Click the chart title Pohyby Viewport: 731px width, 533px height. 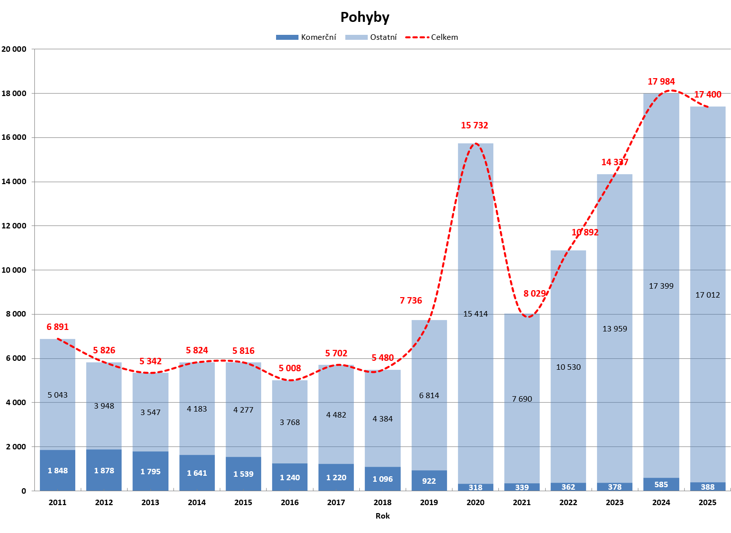pos(365,17)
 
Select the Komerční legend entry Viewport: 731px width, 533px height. pos(306,37)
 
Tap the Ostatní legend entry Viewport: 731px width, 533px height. pos(371,37)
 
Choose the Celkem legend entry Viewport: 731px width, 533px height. pos(432,37)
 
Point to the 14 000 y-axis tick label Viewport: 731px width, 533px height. pos(14,182)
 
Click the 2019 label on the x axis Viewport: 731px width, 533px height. pos(429,502)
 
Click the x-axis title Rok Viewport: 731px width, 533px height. pos(383,516)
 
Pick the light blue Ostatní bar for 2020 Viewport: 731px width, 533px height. pos(475,249)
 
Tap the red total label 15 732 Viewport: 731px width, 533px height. pos(474,125)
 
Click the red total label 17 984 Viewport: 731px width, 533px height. pos(661,82)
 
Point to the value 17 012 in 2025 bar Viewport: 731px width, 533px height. pos(708,295)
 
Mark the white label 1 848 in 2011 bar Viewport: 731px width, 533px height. pos(58,471)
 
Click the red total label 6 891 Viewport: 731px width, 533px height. pos(58,327)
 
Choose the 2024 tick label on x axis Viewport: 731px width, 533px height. pos(661,502)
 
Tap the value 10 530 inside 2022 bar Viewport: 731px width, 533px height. pos(569,367)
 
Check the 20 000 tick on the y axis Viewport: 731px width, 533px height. pos(14,49)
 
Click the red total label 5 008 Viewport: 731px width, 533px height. pos(290,368)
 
